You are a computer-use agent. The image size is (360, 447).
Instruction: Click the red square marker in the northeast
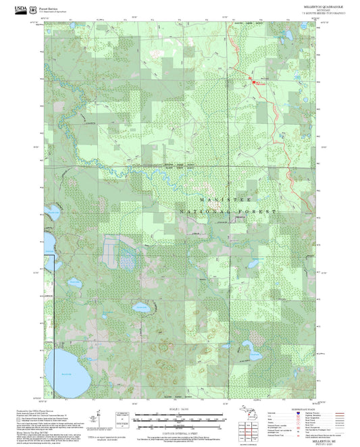coord(255,82)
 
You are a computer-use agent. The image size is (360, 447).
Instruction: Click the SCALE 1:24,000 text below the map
coord(178,409)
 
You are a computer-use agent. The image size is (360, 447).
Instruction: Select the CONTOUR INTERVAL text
coord(178,432)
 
